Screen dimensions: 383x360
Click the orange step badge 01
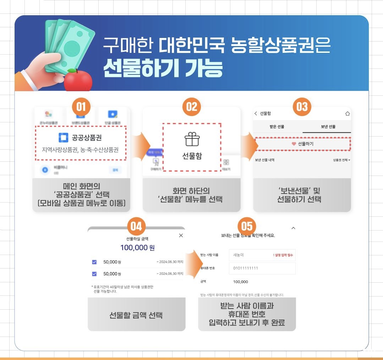[81, 106]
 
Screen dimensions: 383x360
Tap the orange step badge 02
[191, 106]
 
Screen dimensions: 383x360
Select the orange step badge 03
[302, 106]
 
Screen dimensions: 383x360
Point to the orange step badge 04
[136, 226]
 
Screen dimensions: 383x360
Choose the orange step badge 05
[247, 226]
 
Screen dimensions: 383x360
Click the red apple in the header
[78, 81]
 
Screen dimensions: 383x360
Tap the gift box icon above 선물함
[192, 139]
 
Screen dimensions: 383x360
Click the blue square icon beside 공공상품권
[63, 138]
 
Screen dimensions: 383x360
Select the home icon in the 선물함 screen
[347, 113]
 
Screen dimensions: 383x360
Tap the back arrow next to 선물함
[256, 113]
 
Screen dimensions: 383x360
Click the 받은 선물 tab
[277, 127]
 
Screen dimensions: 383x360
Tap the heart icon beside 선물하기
[294, 144]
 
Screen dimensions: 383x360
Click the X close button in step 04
[181, 236]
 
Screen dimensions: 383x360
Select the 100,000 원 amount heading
[137, 248]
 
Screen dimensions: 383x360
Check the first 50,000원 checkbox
[94, 262]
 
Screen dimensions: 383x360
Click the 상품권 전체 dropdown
[341, 160]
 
